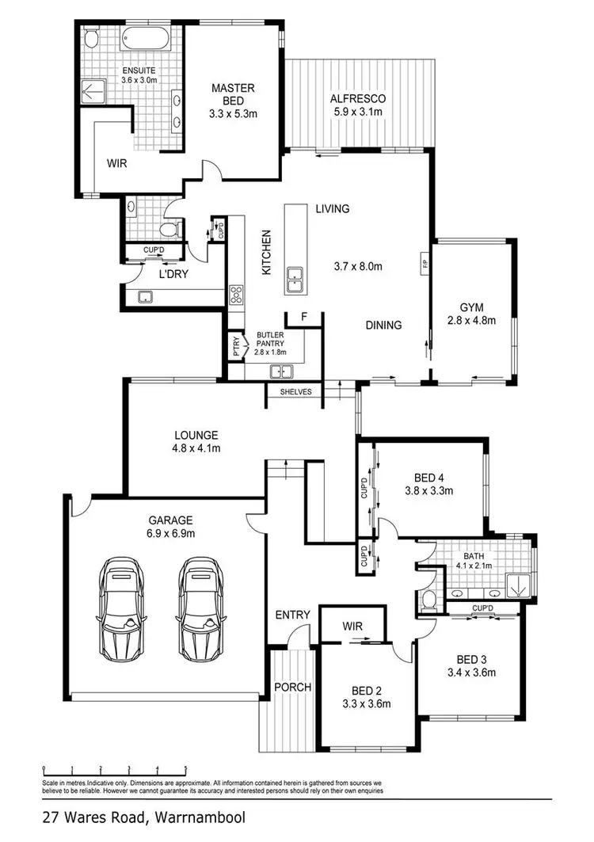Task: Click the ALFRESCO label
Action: pyautogui.click(x=358, y=99)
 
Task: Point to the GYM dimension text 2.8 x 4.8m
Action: pyautogui.click(x=471, y=321)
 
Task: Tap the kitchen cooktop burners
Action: pyautogui.click(x=236, y=295)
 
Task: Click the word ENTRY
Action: pyautogui.click(x=291, y=615)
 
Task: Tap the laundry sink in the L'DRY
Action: pyautogui.click(x=145, y=296)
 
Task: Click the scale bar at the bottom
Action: pyautogui.click(x=115, y=768)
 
